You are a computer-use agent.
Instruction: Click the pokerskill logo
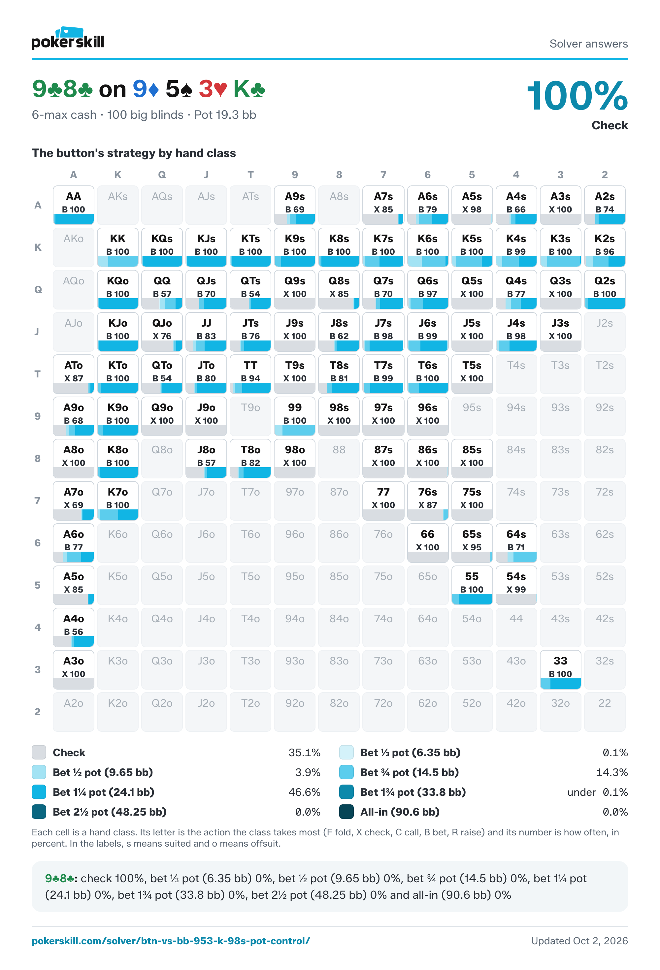[68, 38]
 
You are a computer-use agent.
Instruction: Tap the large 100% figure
[577, 96]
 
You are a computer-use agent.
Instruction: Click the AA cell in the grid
[74, 205]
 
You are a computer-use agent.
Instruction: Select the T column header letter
[250, 175]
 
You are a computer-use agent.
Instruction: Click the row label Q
[38, 290]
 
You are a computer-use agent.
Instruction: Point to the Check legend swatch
[39, 752]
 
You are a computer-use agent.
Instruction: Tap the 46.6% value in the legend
[304, 792]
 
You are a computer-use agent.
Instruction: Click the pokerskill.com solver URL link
[171, 941]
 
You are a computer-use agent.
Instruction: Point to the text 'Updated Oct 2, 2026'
[579, 941]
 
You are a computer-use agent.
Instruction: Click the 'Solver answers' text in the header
[589, 44]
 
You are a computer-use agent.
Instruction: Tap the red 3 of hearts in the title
[213, 89]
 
